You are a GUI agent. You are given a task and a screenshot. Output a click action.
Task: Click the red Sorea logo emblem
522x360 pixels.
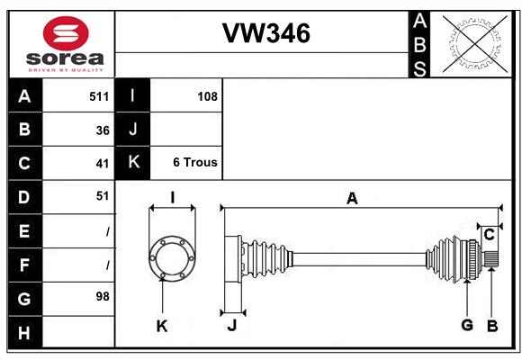(66, 33)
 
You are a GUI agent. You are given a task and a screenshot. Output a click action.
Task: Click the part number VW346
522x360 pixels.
(266, 33)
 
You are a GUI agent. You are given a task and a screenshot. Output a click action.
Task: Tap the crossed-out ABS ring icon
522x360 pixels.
(475, 43)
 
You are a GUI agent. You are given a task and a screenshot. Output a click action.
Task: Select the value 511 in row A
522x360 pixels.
(99, 96)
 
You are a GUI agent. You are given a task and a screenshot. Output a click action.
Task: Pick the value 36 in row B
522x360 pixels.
(103, 130)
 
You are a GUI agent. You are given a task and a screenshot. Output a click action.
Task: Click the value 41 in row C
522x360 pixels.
(103, 164)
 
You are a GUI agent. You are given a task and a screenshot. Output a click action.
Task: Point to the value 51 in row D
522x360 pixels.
(103, 196)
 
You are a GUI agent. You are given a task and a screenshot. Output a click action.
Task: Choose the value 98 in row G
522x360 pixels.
(103, 296)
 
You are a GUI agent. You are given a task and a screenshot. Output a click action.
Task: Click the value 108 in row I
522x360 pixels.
(207, 96)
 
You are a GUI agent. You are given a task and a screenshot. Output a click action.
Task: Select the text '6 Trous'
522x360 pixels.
(195, 162)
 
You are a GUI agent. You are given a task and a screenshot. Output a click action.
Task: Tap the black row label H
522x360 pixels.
(25, 332)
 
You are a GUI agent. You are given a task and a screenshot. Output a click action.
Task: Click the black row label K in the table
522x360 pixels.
(133, 162)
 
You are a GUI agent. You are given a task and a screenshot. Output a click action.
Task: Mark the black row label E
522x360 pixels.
(25, 231)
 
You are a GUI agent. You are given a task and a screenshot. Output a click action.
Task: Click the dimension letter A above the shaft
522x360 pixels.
(352, 199)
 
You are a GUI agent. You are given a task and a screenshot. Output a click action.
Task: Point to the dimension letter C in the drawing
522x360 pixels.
(489, 235)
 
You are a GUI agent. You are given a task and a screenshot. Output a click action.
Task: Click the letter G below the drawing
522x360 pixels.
(467, 325)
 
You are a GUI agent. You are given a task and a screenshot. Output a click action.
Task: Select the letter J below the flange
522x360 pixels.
(232, 325)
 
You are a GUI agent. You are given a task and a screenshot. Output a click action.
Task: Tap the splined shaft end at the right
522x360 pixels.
(490, 259)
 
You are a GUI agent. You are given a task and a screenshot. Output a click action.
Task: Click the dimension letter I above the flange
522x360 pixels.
(173, 197)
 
